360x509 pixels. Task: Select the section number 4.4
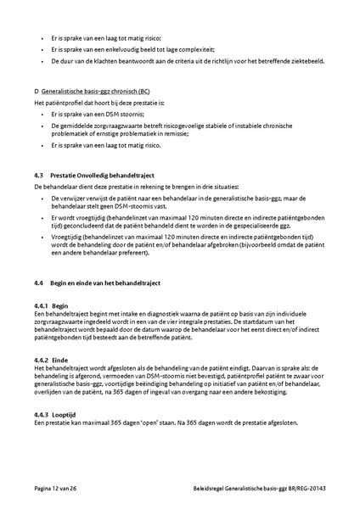[38, 281]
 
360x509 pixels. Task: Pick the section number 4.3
[38, 174]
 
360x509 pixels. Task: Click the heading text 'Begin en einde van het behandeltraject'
[110, 281]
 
